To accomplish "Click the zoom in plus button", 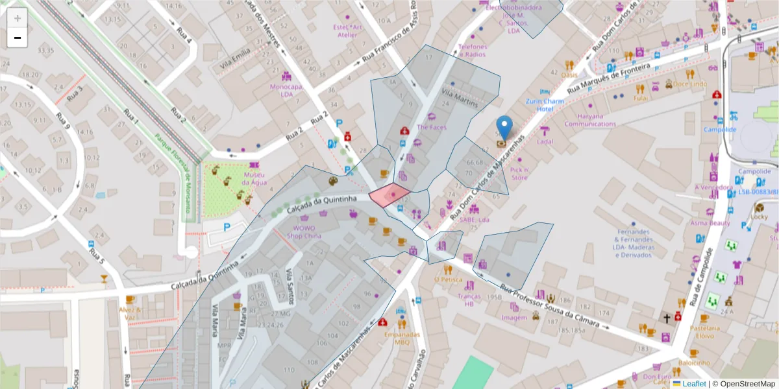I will (18, 18).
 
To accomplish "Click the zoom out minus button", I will (18, 38).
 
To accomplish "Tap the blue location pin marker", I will (504, 128).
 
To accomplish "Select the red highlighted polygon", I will (389, 194).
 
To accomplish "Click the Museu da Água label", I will (254, 178).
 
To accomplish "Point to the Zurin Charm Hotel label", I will (544, 105).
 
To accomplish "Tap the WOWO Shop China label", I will (304, 231).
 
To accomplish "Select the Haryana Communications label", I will (589, 120).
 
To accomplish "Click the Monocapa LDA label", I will (286, 90).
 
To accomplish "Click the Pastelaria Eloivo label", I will (710, 332).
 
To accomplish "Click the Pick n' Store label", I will (519, 173).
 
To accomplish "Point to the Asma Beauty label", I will (710, 222).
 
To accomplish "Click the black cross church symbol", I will (666, 318).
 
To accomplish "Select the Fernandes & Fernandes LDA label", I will (633, 243).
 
